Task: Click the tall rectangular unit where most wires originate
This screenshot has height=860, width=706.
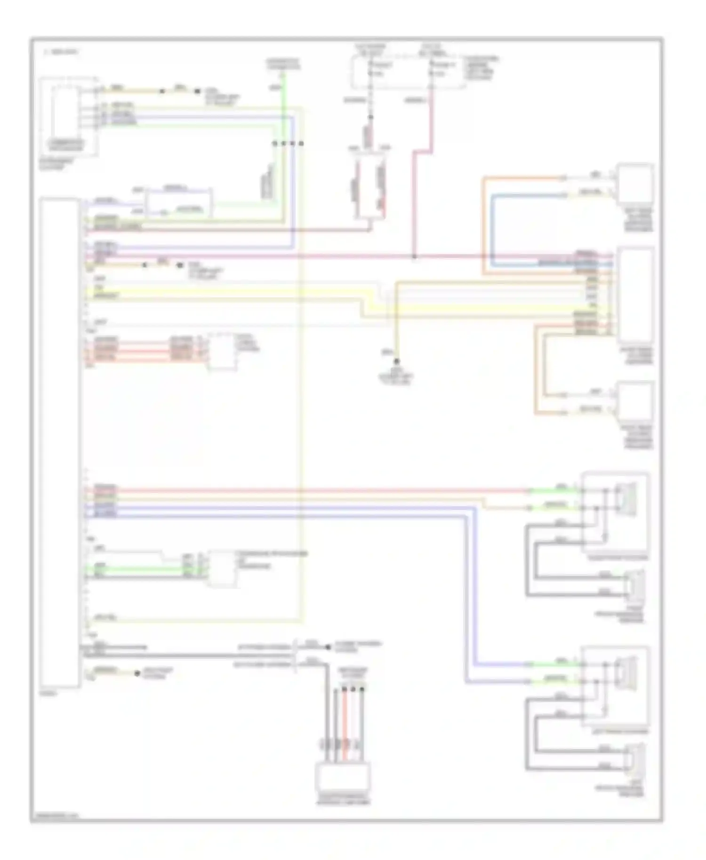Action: pyautogui.click(x=60, y=442)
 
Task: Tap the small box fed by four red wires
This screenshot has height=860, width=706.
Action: pyautogui.click(x=222, y=351)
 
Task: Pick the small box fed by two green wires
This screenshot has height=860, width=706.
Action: pyautogui.click(x=222, y=568)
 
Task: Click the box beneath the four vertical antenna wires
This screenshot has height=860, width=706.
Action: pyautogui.click(x=343, y=777)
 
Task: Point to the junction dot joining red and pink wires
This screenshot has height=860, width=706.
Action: pyautogui.click(x=414, y=257)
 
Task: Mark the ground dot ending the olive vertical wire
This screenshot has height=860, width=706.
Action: pyautogui.click(x=397, y=361)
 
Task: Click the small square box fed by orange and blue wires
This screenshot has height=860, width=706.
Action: pyautogui.click(x=635, y=183)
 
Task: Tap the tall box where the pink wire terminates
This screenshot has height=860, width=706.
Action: pyautogui.click(x=636, y=295)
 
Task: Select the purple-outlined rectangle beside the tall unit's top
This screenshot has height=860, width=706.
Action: pyautogui.click(x=179, y=203)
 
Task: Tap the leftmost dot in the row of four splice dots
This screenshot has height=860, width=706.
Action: pyautogui.click(x=275, y=143)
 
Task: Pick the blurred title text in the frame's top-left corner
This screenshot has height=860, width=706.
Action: pyautogui.click(x=61, y=51)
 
